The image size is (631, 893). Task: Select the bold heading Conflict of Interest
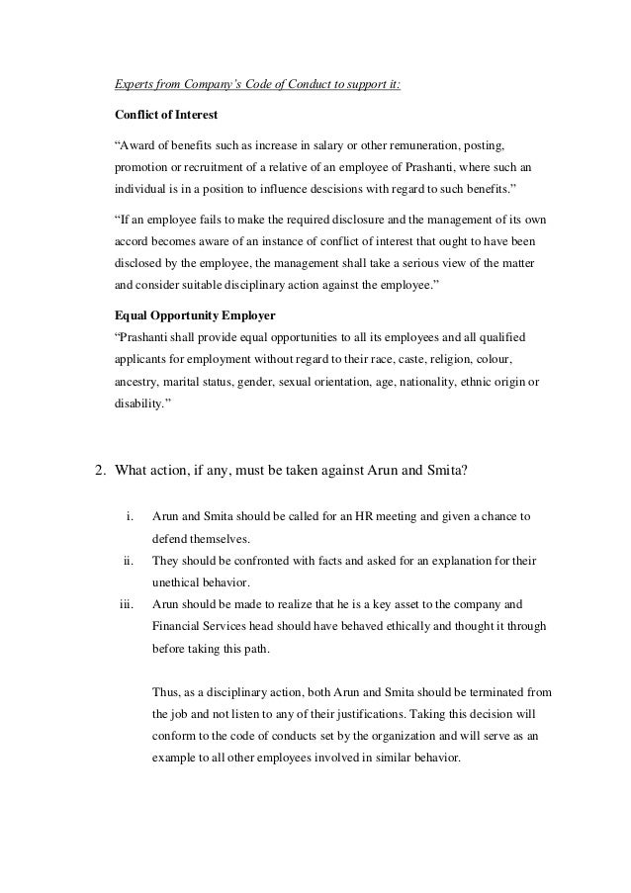(167, 114)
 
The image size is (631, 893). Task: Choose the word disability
(131, 403)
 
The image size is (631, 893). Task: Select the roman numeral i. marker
(130, 516)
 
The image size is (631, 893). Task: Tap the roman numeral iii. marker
(125, 602)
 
